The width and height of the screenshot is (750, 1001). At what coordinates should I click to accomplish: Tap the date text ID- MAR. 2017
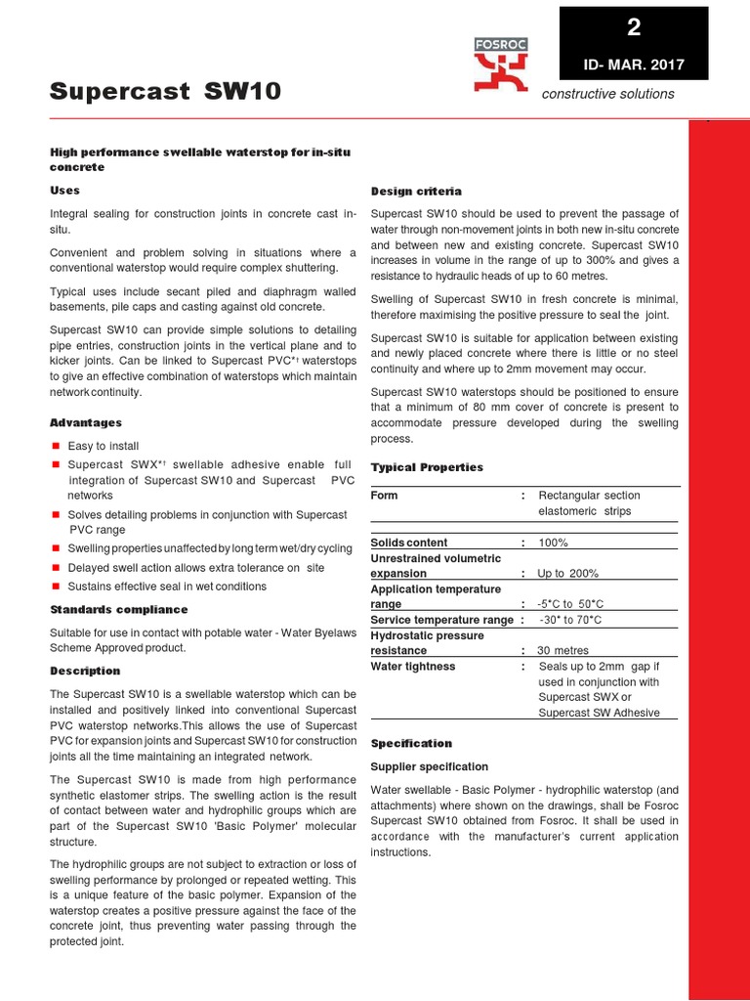[x=634, y=65]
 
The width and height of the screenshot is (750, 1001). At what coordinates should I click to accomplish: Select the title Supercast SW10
[x=165, y=92]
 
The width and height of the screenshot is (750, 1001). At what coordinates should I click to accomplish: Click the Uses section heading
[x=64, y=190]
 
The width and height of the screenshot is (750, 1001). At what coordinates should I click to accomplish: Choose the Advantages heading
[x=86, y=422]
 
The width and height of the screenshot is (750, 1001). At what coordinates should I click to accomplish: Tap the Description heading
[x=85, y=671]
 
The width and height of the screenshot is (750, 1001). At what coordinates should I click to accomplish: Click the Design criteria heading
[x=416, y=191]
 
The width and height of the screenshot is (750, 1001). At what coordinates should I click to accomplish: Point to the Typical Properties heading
[x=427, y=467]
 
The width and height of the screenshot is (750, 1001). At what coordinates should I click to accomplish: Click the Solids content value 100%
[x=553, y=543]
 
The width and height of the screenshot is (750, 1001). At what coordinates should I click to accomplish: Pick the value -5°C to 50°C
[x=569, y=605]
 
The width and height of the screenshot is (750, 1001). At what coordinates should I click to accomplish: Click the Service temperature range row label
[x=441, y=620]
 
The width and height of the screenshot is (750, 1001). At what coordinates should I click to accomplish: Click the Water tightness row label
[x=413, y=667]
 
